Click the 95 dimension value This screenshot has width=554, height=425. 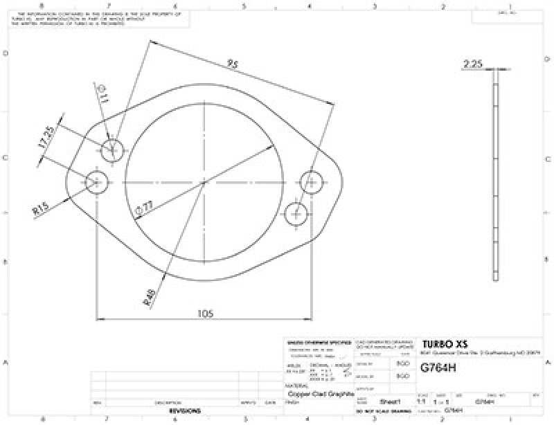pos(233,64)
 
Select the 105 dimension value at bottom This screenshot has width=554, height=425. pos(204,313)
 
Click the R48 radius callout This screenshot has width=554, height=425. pos(149,296)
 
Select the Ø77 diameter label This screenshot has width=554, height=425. pos(147,206)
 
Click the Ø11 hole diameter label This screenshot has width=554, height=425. pos(103,95)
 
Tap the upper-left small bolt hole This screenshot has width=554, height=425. pos(112,149)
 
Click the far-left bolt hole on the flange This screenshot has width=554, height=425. pos(97,183)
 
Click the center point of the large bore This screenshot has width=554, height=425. pos(204,183)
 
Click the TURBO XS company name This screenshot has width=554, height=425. pos(445,345)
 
